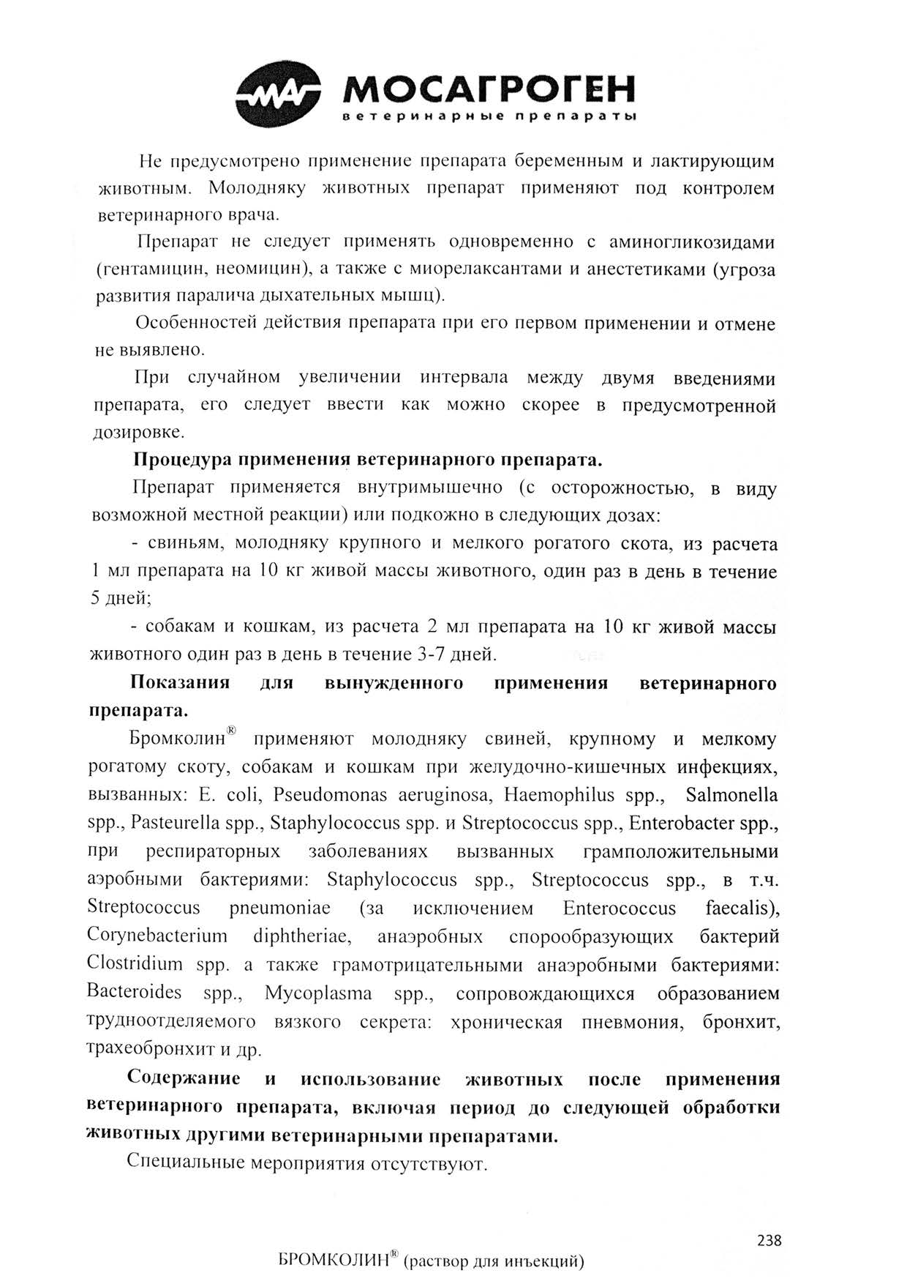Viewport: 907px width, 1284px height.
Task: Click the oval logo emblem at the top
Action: point(278,94)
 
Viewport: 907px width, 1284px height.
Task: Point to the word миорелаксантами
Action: point(486,269)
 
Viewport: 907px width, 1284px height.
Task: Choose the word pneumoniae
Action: point(279,908)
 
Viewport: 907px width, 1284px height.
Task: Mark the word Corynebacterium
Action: point(157,936)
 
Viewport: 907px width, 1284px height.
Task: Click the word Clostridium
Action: point(135,964)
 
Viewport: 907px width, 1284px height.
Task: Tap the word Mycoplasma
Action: point(318,993)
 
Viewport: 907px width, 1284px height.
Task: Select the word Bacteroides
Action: point(134,993)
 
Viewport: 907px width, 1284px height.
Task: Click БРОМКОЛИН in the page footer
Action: point(333,1261)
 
